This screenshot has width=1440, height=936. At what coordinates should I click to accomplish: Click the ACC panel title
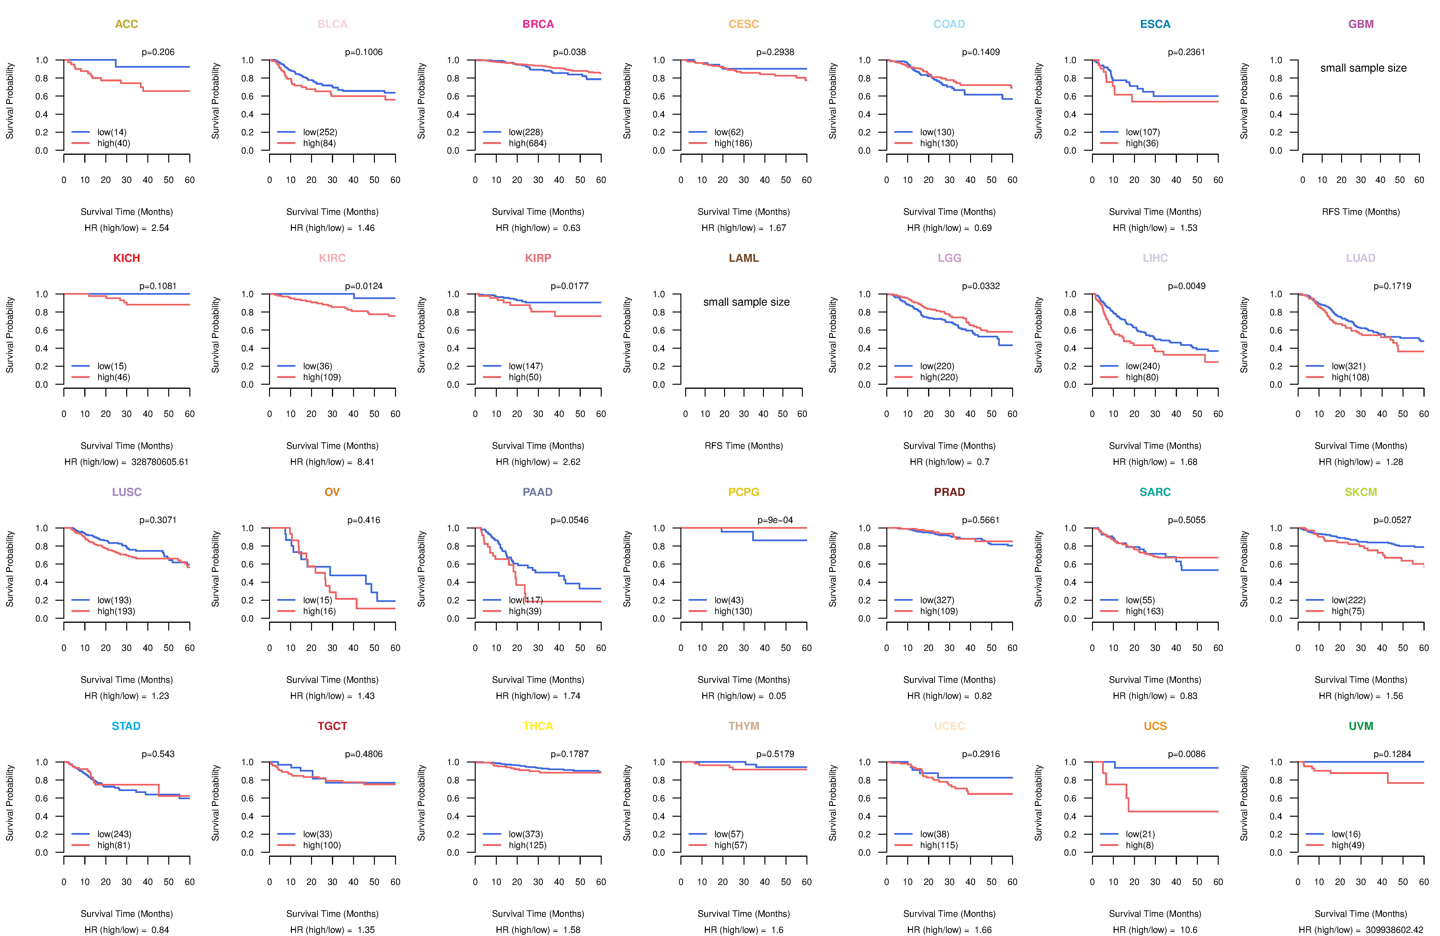tap(126, 24)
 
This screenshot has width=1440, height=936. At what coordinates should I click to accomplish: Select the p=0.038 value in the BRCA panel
tap(569, 52)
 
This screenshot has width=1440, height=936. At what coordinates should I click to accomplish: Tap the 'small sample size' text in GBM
tap(1363, 68)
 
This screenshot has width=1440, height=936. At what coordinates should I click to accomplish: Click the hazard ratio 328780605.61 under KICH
tap(160, 462)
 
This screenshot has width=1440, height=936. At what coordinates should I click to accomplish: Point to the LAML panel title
tap(744, 258)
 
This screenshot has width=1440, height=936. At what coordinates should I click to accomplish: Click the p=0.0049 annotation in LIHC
tap(1187, 286)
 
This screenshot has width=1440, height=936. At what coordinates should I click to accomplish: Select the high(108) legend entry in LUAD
tap(1350, 377)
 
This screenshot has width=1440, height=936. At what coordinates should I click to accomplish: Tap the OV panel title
tap(332, 492)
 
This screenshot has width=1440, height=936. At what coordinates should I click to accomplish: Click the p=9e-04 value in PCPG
tap(775, 520)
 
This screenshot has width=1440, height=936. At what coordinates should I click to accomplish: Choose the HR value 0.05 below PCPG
tap(777, 696)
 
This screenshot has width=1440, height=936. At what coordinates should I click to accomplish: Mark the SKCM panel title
tap(1361, 492)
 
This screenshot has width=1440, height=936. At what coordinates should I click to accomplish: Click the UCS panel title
tap(1155, 726)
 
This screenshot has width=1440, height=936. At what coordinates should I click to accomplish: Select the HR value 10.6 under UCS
tap(1189, 930)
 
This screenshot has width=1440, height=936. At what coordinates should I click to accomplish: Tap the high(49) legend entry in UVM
tap(1348, 845)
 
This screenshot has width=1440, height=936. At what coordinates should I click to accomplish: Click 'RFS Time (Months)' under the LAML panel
tap(744, 446)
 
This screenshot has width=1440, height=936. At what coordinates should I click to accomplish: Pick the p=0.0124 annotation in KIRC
tap(364, 286)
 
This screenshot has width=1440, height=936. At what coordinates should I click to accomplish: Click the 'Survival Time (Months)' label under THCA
tap(538, 914)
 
